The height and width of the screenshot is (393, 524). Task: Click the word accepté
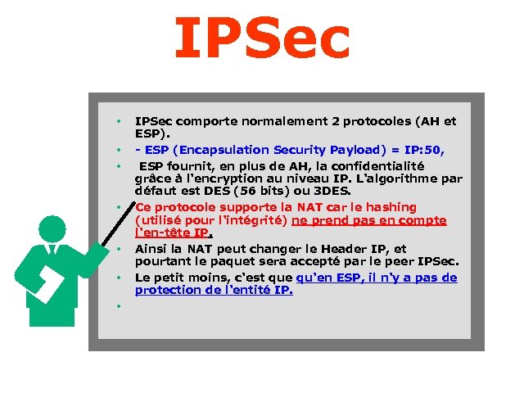[x=309, y=261]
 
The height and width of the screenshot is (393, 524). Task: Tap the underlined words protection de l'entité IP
[x=214, y=290]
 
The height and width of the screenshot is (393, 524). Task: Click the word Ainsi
[x=152, y=249]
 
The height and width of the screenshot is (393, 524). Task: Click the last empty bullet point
[x=118, y=306]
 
